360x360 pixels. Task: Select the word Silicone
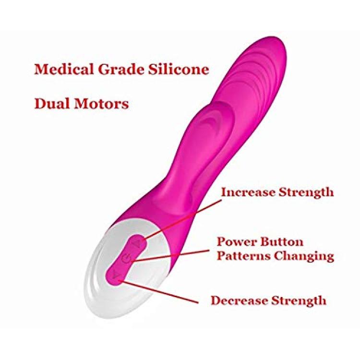tap(179, 69)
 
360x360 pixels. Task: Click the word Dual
tap(52, 103)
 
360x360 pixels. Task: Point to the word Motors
tap(101, 104)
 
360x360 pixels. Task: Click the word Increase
tap(248, 192)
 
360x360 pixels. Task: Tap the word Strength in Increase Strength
tap(306, 193)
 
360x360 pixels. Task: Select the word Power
tap(237, 242)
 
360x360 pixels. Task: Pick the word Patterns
tap(243, 256)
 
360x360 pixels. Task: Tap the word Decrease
tap(239, 300)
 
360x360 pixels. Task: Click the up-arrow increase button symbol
tap(137, 243)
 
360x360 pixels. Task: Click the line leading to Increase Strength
tap(182, 219)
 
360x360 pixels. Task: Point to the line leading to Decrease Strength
tap(158, 291)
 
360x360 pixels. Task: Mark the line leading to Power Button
tap(170, 255)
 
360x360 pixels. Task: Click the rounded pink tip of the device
tap(275, 45)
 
